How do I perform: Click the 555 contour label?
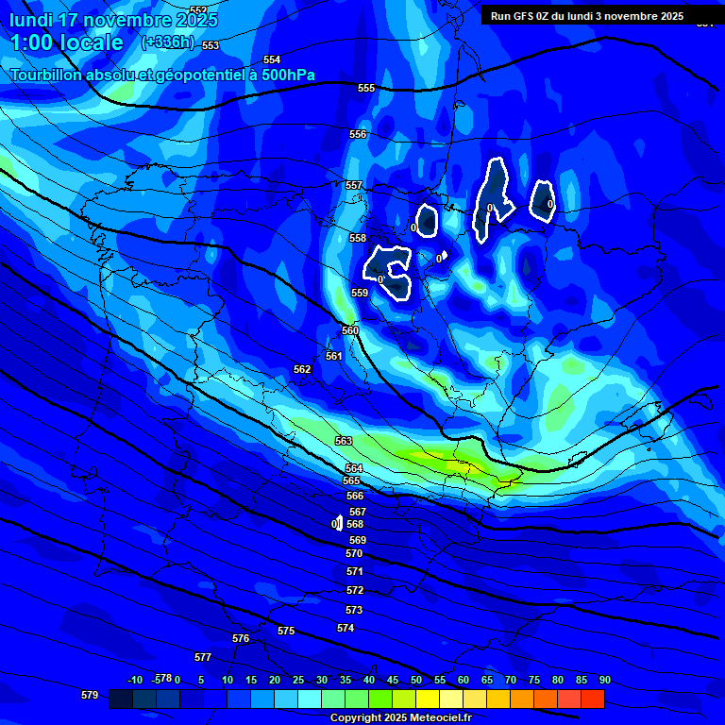[x=366, y=88]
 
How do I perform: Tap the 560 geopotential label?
[x=350, y=330]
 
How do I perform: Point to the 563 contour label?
[x=344, y=441]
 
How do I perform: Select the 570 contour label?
[x=354, y=553]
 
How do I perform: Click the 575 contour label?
[x=286, y=631]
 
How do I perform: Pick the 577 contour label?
[x=203, y=657]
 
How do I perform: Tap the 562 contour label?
[x=302, y=369]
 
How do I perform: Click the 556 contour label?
[x=358, y=134]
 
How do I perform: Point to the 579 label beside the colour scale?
[x=90, y=695]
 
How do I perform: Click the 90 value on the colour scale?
[x=604, y=680]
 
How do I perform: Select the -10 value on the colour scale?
[x=134, y=680]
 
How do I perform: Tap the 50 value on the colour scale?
[x=415, y=680]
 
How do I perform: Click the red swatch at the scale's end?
[x=593, y=699]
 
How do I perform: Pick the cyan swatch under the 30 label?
[x=310, y=699]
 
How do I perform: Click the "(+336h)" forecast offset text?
[x=168, y=42]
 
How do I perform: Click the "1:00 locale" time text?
[x=66, y=42]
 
